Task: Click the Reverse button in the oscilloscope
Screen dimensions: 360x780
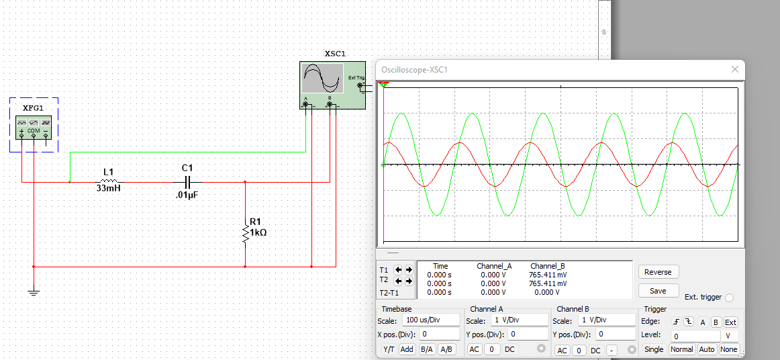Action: (658, 272)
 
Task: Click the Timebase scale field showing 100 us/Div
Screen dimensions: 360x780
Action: (432, 320)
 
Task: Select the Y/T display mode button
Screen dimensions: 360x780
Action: (389, 349)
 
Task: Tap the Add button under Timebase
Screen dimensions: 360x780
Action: (407, 349)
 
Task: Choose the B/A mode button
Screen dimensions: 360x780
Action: (426, 349)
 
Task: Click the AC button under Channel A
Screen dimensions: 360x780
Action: (475, 349)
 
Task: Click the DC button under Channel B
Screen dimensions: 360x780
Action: (595, 350)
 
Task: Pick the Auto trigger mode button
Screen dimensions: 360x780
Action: (706, 349)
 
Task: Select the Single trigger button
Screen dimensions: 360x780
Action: (654, 349)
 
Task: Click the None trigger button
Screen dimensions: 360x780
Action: (728, 349)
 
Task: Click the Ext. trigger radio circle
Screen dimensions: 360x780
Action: (730, 298)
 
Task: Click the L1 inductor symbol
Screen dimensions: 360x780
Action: (109, 181)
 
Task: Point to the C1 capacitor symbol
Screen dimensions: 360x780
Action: (187, 181)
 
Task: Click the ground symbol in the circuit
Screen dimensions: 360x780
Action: (34, 291)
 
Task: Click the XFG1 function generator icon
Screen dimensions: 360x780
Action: (34, 127)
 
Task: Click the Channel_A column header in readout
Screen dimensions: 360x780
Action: (493, 266)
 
